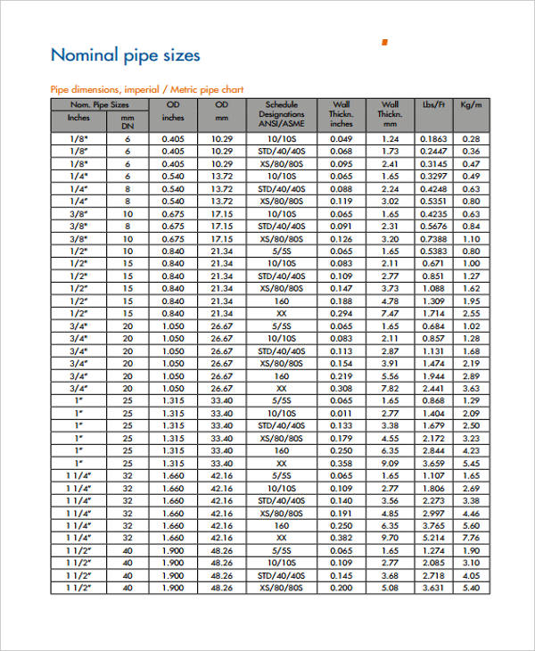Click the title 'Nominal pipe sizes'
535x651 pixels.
tap(125, 55)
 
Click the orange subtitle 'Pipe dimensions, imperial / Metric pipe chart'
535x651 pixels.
tap(146, 89)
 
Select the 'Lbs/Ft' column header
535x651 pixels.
tap(433, 104)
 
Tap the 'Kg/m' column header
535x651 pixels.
tap(472, 104)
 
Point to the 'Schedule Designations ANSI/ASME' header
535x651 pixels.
tap(282, 114)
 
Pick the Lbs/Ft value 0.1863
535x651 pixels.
tap(433, 139)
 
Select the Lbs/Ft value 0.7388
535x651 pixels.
tap(433, 239)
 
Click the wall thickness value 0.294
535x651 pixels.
tap(342, 314)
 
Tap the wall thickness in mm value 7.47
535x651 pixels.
tap(390, 314)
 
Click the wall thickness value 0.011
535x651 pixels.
tap(342, 414)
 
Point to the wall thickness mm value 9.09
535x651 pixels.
tap(390, 464)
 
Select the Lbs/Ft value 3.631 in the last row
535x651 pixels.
tap(433, 588)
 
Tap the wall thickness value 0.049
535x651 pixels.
tap(342, 139)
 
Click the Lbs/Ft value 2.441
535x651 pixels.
tap(433, 389)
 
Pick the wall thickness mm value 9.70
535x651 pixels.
tap(390, 538)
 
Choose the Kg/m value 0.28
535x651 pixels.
tap(472, 139)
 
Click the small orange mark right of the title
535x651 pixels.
tap(384, 42)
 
